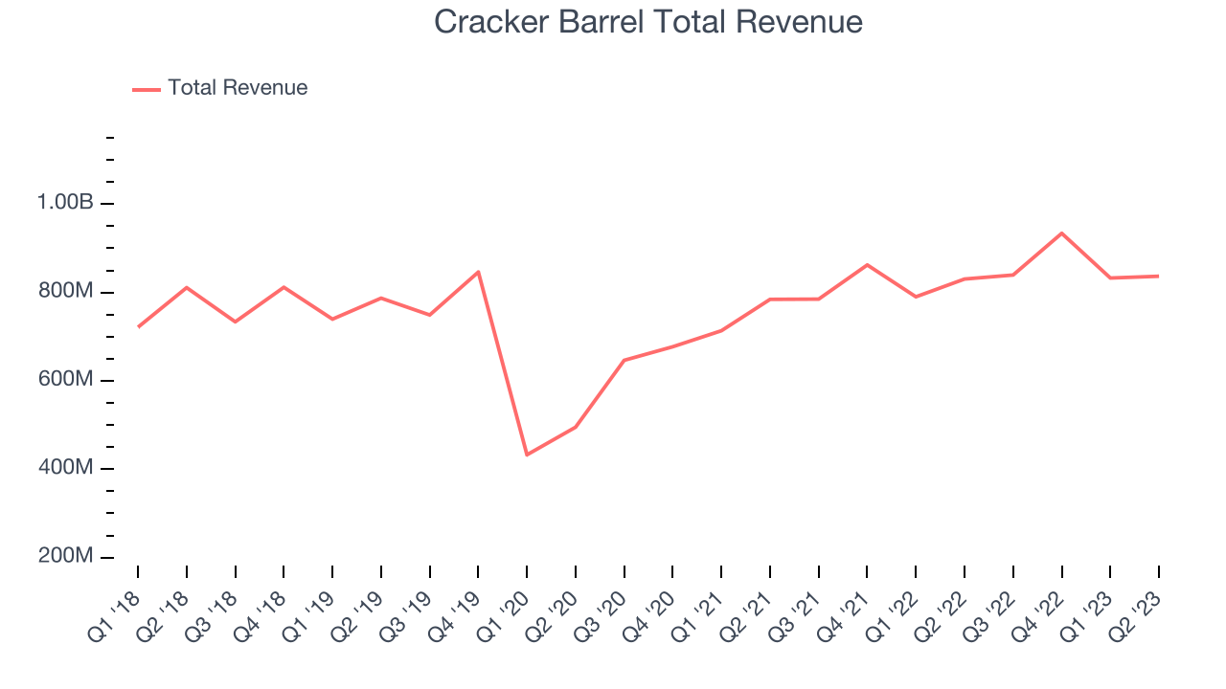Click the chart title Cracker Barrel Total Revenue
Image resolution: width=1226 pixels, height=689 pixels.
pyautogui.click(x=648, y=22)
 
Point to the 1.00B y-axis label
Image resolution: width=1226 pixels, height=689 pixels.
pyautogui.click(x=65, y=203)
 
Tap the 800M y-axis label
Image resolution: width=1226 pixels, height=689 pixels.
pyautogui.click(x=65, y=292)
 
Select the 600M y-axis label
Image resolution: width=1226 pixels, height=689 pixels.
pyautogui.click(x=65, y=380)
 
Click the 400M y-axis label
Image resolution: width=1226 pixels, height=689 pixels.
pyautogui.click(x=65, y=469)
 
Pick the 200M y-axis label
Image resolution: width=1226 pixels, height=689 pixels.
pyautogui.click(x=65, y=557)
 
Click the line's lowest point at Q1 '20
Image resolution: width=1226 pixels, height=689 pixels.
pyautogui.click(x=527, y=455)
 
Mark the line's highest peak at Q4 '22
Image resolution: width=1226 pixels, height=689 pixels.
pyautogui.click(x=1061, y=233)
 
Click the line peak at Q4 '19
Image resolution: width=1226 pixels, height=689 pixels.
pyautogui.click(x=478, y=272)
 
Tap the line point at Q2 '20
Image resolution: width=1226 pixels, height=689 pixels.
pyautogui.click(x=576, y=427)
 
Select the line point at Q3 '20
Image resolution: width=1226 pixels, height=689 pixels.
pyautogui.click(x=624, y=360)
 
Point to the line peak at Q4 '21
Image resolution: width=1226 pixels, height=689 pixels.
pyautogui.click(x=867, y=264)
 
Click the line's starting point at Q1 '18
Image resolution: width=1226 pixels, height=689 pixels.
pyautogui.click(x=138, y=327)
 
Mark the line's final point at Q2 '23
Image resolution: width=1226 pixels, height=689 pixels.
pyautogui.click(x=1159, y=276)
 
